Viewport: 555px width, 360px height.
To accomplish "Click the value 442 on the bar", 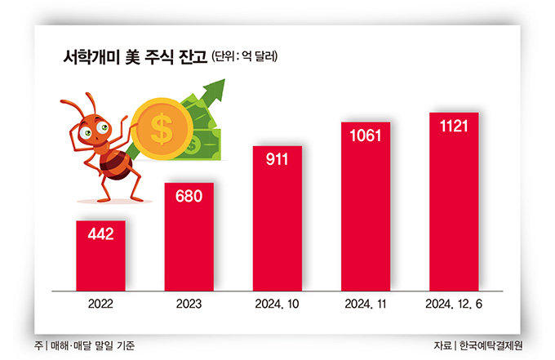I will click(100, 235).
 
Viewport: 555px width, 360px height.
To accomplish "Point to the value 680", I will click(189, 197).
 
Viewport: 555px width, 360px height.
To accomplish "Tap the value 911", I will click(277, 160).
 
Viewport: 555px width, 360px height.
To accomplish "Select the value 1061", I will click(366, 136).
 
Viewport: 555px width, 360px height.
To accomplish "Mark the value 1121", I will click(454, 127).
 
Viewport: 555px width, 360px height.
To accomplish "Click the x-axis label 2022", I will click(100, 304).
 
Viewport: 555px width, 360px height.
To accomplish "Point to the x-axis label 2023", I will click(189, 304).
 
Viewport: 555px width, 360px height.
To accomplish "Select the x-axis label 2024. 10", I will click(277, 304).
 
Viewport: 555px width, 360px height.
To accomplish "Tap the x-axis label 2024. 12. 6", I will click(454, 304).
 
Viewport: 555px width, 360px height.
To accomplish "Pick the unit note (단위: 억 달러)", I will click(245, 57).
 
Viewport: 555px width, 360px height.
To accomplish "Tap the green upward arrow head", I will click(215, 88).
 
